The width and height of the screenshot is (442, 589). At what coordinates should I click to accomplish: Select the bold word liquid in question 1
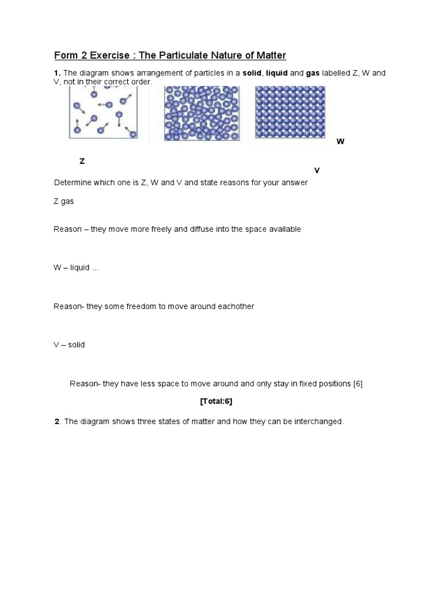276,73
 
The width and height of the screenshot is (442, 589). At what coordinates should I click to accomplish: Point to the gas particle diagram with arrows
104,113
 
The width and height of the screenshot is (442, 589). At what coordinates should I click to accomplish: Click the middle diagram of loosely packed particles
201,113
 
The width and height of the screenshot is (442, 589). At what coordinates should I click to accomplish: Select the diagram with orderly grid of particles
290,112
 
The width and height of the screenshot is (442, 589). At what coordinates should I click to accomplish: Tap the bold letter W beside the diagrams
340,141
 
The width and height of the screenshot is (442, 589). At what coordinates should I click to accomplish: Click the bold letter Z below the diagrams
82,162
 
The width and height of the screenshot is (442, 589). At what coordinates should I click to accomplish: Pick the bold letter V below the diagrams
317,171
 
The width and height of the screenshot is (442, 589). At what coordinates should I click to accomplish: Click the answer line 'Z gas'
64,202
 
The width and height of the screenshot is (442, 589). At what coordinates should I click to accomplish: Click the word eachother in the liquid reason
235,307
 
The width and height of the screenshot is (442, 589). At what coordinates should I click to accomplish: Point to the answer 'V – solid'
69,345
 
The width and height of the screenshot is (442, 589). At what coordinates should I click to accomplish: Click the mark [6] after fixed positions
357,384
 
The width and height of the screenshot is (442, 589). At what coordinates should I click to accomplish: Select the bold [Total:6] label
216,401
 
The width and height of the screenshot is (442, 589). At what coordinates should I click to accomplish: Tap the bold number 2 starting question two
57,422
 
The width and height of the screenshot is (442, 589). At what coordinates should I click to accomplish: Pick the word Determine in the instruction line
72,182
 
